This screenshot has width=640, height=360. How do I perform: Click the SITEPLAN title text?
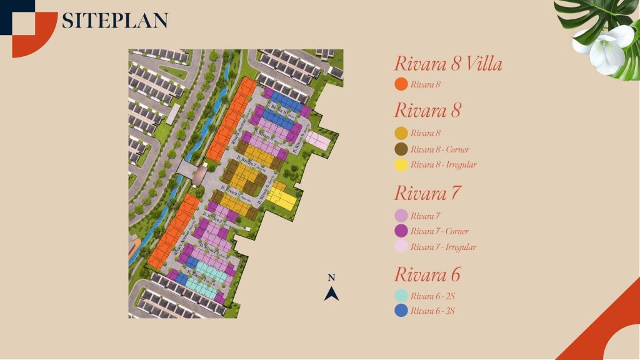coord(114,21)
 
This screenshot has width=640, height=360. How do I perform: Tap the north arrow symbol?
coord(332,293)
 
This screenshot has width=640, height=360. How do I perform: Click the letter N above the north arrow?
coord(332,277)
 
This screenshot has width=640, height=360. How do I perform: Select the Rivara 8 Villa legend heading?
coord(448,64)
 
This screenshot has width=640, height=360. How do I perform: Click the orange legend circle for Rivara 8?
coord(401,84)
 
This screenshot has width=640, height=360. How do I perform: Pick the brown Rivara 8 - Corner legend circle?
coord(401,149)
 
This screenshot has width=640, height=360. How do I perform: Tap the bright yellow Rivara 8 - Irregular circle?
coord(401,165)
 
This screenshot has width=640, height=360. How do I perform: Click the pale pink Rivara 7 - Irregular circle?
coord(401,247)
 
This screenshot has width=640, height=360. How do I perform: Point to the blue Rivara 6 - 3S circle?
coord(401,311)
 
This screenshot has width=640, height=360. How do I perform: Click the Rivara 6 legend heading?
coord(427,274)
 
